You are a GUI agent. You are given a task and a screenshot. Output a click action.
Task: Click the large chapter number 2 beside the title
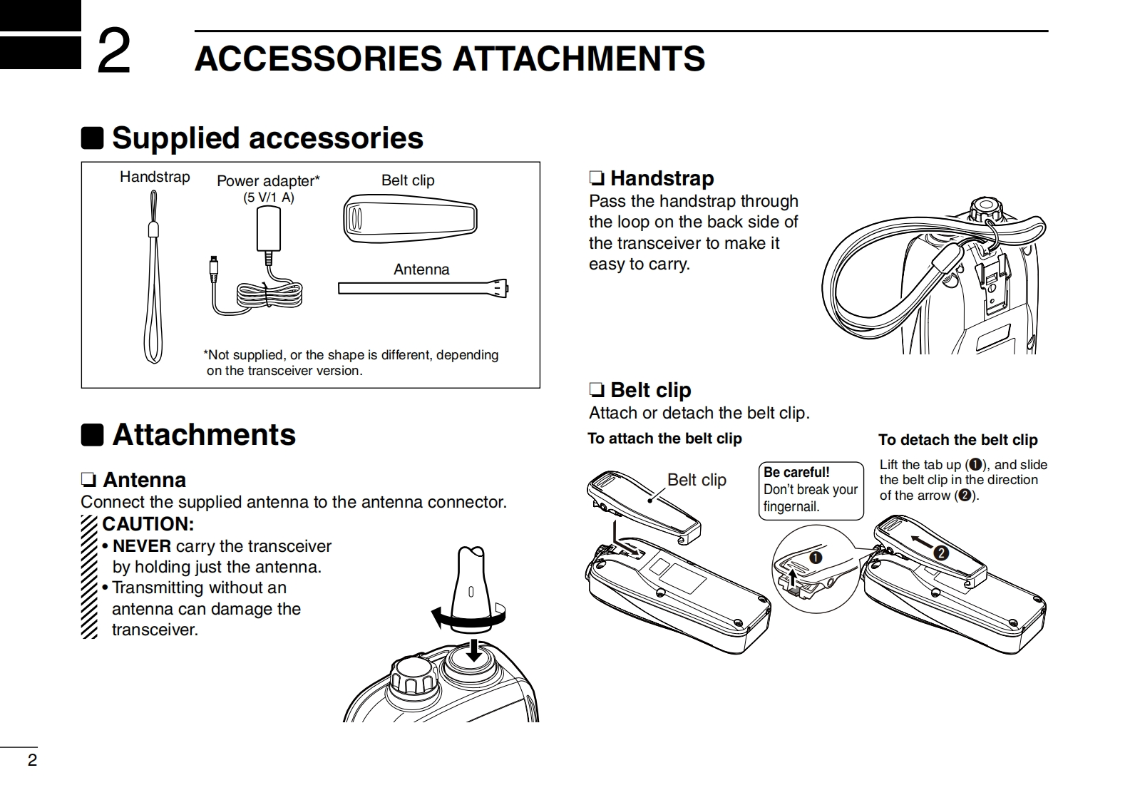(114, 51)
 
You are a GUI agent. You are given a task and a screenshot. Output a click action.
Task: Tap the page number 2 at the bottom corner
(32, 760)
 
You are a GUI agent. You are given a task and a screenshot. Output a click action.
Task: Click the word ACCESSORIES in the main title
(318, 58)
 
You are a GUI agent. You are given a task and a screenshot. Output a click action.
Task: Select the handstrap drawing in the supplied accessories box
(153, 277)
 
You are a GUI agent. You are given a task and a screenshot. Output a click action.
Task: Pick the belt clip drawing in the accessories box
(410, 219)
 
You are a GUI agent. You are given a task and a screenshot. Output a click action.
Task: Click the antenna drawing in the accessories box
(423, 288)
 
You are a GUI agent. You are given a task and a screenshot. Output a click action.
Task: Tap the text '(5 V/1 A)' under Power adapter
(269, 197)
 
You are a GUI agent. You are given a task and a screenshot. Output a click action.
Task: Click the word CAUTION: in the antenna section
(148, 524)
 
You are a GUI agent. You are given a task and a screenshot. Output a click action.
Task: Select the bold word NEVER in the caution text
(142, 546)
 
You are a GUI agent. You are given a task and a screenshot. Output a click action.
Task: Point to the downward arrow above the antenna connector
(474, 650)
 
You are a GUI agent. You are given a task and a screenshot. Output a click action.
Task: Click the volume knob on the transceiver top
(414, 677)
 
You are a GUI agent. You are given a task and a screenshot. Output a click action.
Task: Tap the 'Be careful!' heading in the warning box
(796, 472)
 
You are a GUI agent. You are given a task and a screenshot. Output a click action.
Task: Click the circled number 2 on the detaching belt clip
(941, 553)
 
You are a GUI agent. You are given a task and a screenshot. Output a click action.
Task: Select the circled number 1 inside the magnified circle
(816, 558)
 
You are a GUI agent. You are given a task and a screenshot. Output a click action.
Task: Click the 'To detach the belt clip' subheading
(958, 440)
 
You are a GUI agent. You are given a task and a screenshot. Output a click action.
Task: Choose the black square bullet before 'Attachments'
(92, 435)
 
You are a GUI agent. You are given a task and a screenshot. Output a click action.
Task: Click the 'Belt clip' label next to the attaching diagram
(697, 480)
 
